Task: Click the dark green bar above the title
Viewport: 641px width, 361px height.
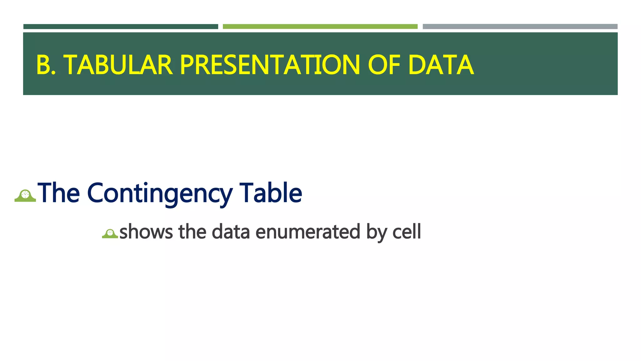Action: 121,27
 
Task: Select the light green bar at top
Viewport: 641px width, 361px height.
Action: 320,27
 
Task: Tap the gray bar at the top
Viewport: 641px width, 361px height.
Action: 520,27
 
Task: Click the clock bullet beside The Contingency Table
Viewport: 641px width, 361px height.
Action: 25,196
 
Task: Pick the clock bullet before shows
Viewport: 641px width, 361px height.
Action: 110,233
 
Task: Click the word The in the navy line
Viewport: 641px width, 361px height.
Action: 59,193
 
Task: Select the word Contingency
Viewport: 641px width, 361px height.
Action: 160,193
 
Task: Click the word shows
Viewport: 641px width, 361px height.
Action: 146,232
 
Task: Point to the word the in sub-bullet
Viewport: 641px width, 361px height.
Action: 192,232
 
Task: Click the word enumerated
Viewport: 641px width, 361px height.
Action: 308,232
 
